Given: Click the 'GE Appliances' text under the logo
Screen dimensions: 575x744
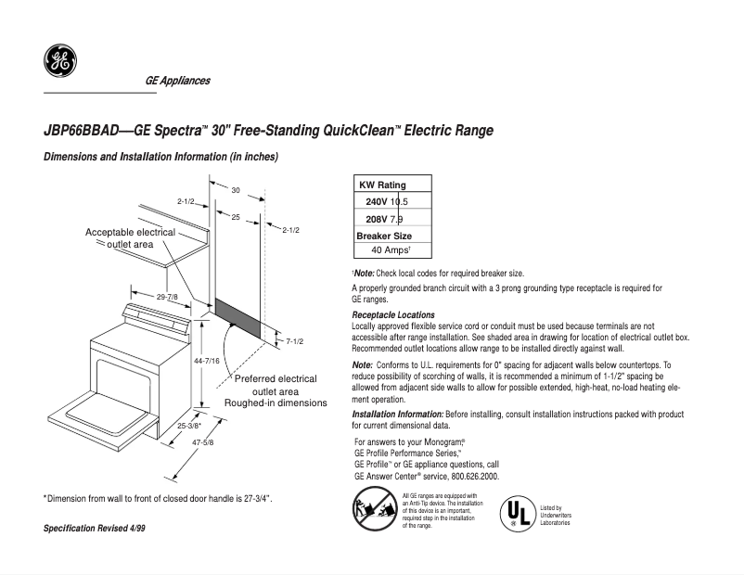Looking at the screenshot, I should coord(177,81).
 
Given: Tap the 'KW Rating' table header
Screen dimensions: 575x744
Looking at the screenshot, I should coord(382,185).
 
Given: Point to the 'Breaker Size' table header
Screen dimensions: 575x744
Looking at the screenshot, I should coord(384,236).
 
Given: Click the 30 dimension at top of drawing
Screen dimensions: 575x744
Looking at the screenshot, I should coord(236,190).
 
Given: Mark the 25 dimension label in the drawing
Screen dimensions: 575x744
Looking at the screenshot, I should coord(236,217).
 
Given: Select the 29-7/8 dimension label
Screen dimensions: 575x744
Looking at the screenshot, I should coord(168,297).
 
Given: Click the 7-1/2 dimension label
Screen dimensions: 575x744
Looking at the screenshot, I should coord(295,341).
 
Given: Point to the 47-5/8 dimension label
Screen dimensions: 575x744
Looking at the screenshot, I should coord(202,442).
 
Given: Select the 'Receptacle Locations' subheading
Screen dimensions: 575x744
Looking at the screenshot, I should coord(393,315).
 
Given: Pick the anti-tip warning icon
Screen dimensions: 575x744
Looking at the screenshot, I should coord(373,511).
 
